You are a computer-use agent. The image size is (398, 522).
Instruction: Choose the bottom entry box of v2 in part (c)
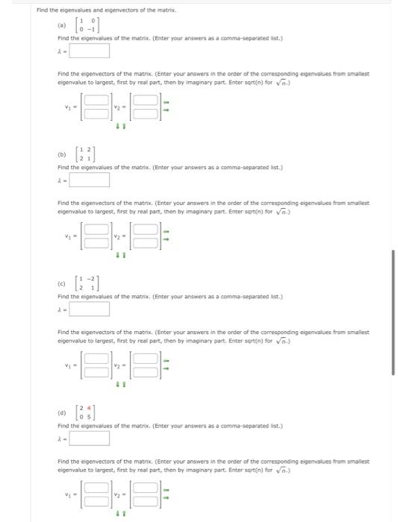click(x=147, y=371)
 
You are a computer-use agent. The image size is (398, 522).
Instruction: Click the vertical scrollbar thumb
click(x=393, y=313)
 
